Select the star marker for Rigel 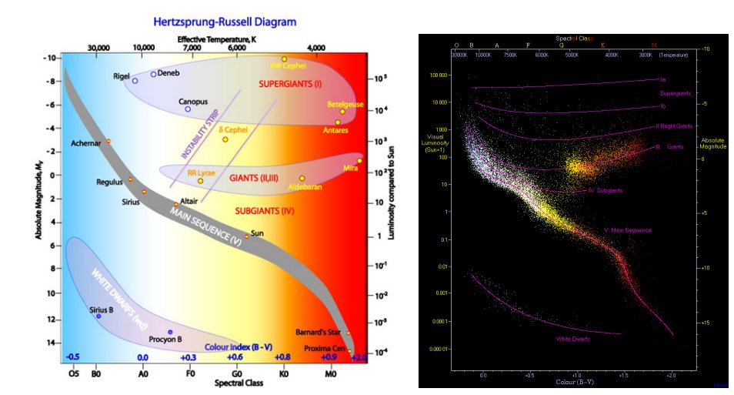[x=135, y=80]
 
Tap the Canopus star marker [x=187, y=109]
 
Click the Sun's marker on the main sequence [x=247, y=236]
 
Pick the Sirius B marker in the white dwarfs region [x=98, y=316]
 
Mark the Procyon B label [x=165, y=340]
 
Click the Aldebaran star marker [x=302, y=178]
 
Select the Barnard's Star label [x=315, y=333]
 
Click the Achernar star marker [x=108, y=141]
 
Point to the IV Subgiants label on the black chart [x=606, y=190]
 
